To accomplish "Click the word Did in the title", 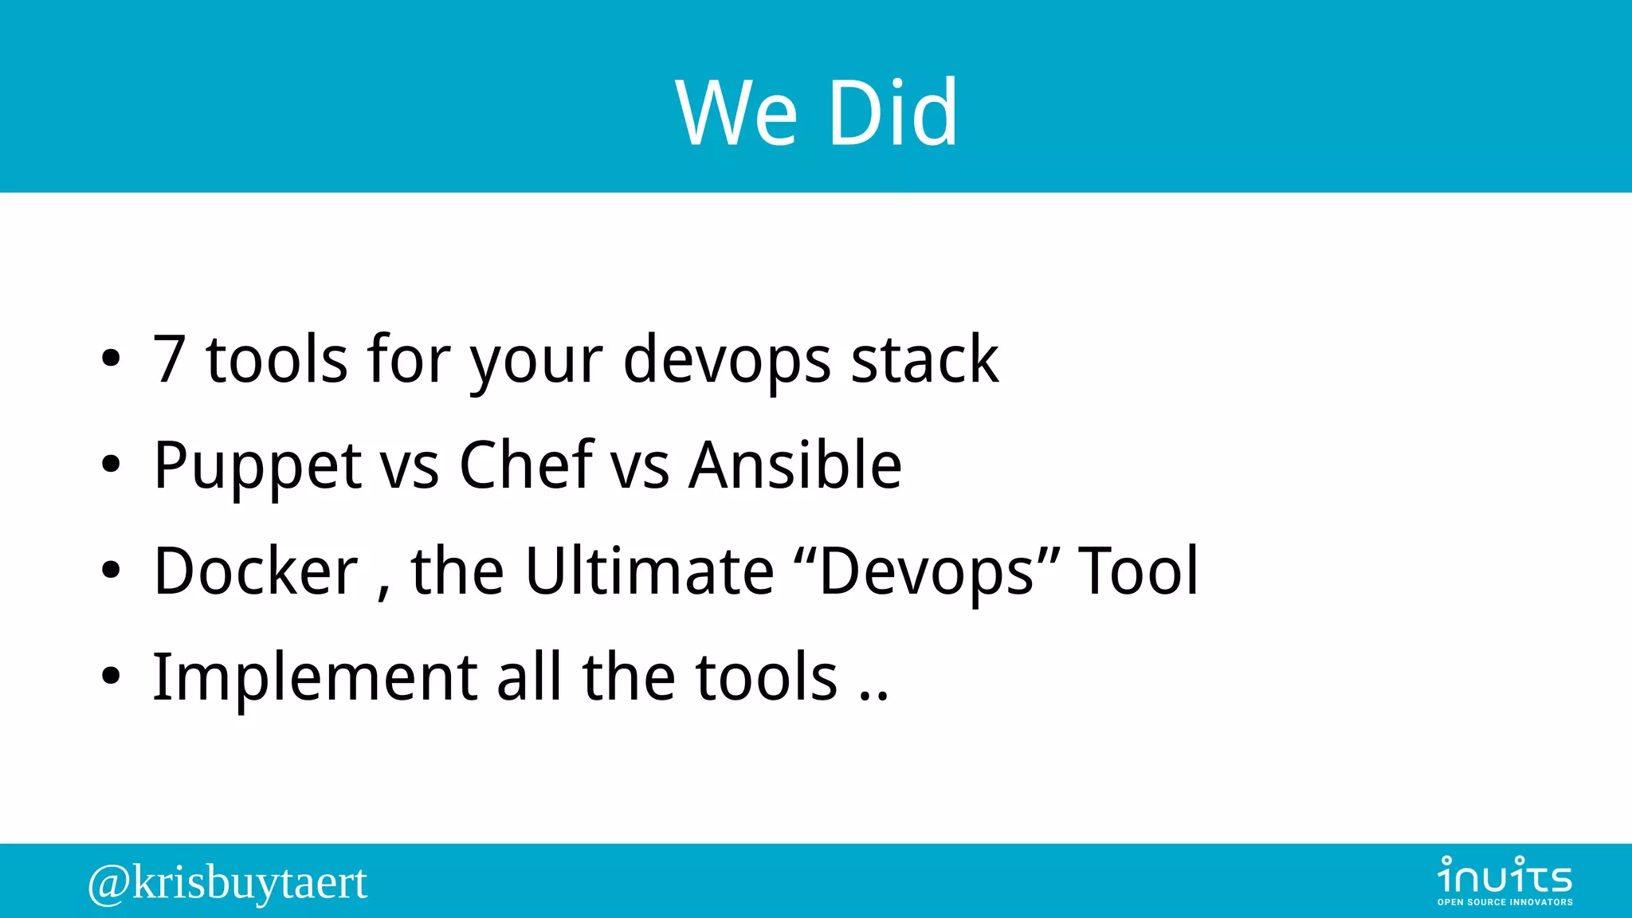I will coord(892,113).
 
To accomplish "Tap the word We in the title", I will coord(736,113).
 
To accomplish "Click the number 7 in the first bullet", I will coord(169,360).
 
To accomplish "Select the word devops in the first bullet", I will coord(727,360).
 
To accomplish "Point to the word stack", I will coord(924,360).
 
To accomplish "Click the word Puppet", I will coord(257,466).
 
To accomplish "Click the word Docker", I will coord(256,571).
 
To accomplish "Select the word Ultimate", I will coord(649,571).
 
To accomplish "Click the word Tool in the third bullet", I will coord(1138,571).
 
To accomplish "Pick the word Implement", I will coord(315,678).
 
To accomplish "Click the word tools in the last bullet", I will coord(767,678).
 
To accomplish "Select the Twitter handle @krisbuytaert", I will coord(228,883).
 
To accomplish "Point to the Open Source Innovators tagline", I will coord(1504,902).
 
